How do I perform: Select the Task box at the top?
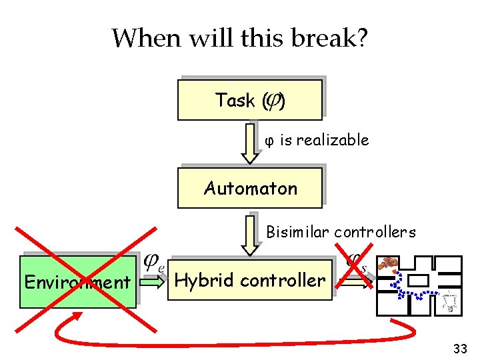coord(249,100)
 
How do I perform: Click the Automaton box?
coord(249,188)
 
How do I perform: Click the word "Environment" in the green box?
coord(77,282)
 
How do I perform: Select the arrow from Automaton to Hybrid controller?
coord(250,233)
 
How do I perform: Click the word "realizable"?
coord(332,140)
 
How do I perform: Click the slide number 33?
coord(459,348)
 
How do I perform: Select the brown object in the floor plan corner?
coord(388,264)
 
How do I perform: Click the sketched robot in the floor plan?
coord(450,301)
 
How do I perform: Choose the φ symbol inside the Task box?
coord(273,101)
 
